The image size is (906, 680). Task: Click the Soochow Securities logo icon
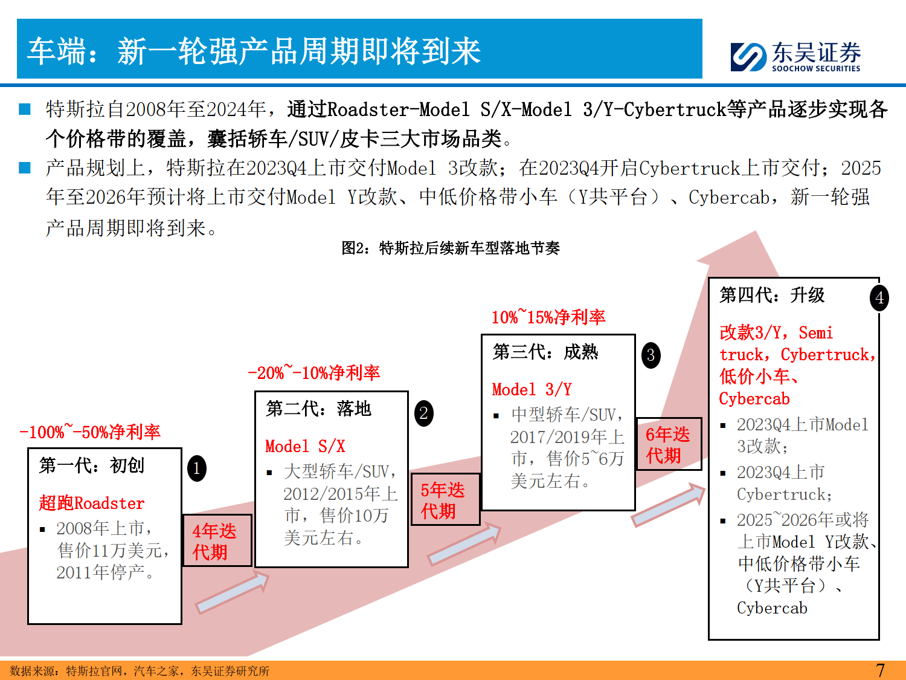pos(748,57)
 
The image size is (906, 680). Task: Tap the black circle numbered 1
pos(197,468)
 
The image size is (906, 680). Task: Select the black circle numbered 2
pos(424,413)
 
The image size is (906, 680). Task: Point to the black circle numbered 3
pos(651,355)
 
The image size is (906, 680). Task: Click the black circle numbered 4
pos(879,298)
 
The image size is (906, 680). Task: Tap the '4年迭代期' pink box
pos(217,541)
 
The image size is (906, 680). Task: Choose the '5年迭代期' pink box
pos(445,500)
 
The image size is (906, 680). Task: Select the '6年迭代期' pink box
pos(669,444)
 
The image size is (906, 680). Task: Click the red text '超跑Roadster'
pos(92,503)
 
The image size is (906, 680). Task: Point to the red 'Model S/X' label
pos(305,447)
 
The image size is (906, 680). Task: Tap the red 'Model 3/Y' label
pos(532,389)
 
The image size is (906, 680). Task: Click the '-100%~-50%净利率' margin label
pos(90,432)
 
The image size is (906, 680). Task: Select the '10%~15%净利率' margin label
pos(548,317)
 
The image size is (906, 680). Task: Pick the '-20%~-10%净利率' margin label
pos(313,372)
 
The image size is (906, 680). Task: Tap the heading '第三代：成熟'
pos(545,352)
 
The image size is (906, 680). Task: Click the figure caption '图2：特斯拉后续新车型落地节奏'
pos(451,248)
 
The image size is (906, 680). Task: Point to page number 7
pos(880,670)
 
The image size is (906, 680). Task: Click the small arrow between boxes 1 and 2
pos(232,593)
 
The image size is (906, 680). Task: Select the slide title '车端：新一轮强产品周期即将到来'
pos(254,51)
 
